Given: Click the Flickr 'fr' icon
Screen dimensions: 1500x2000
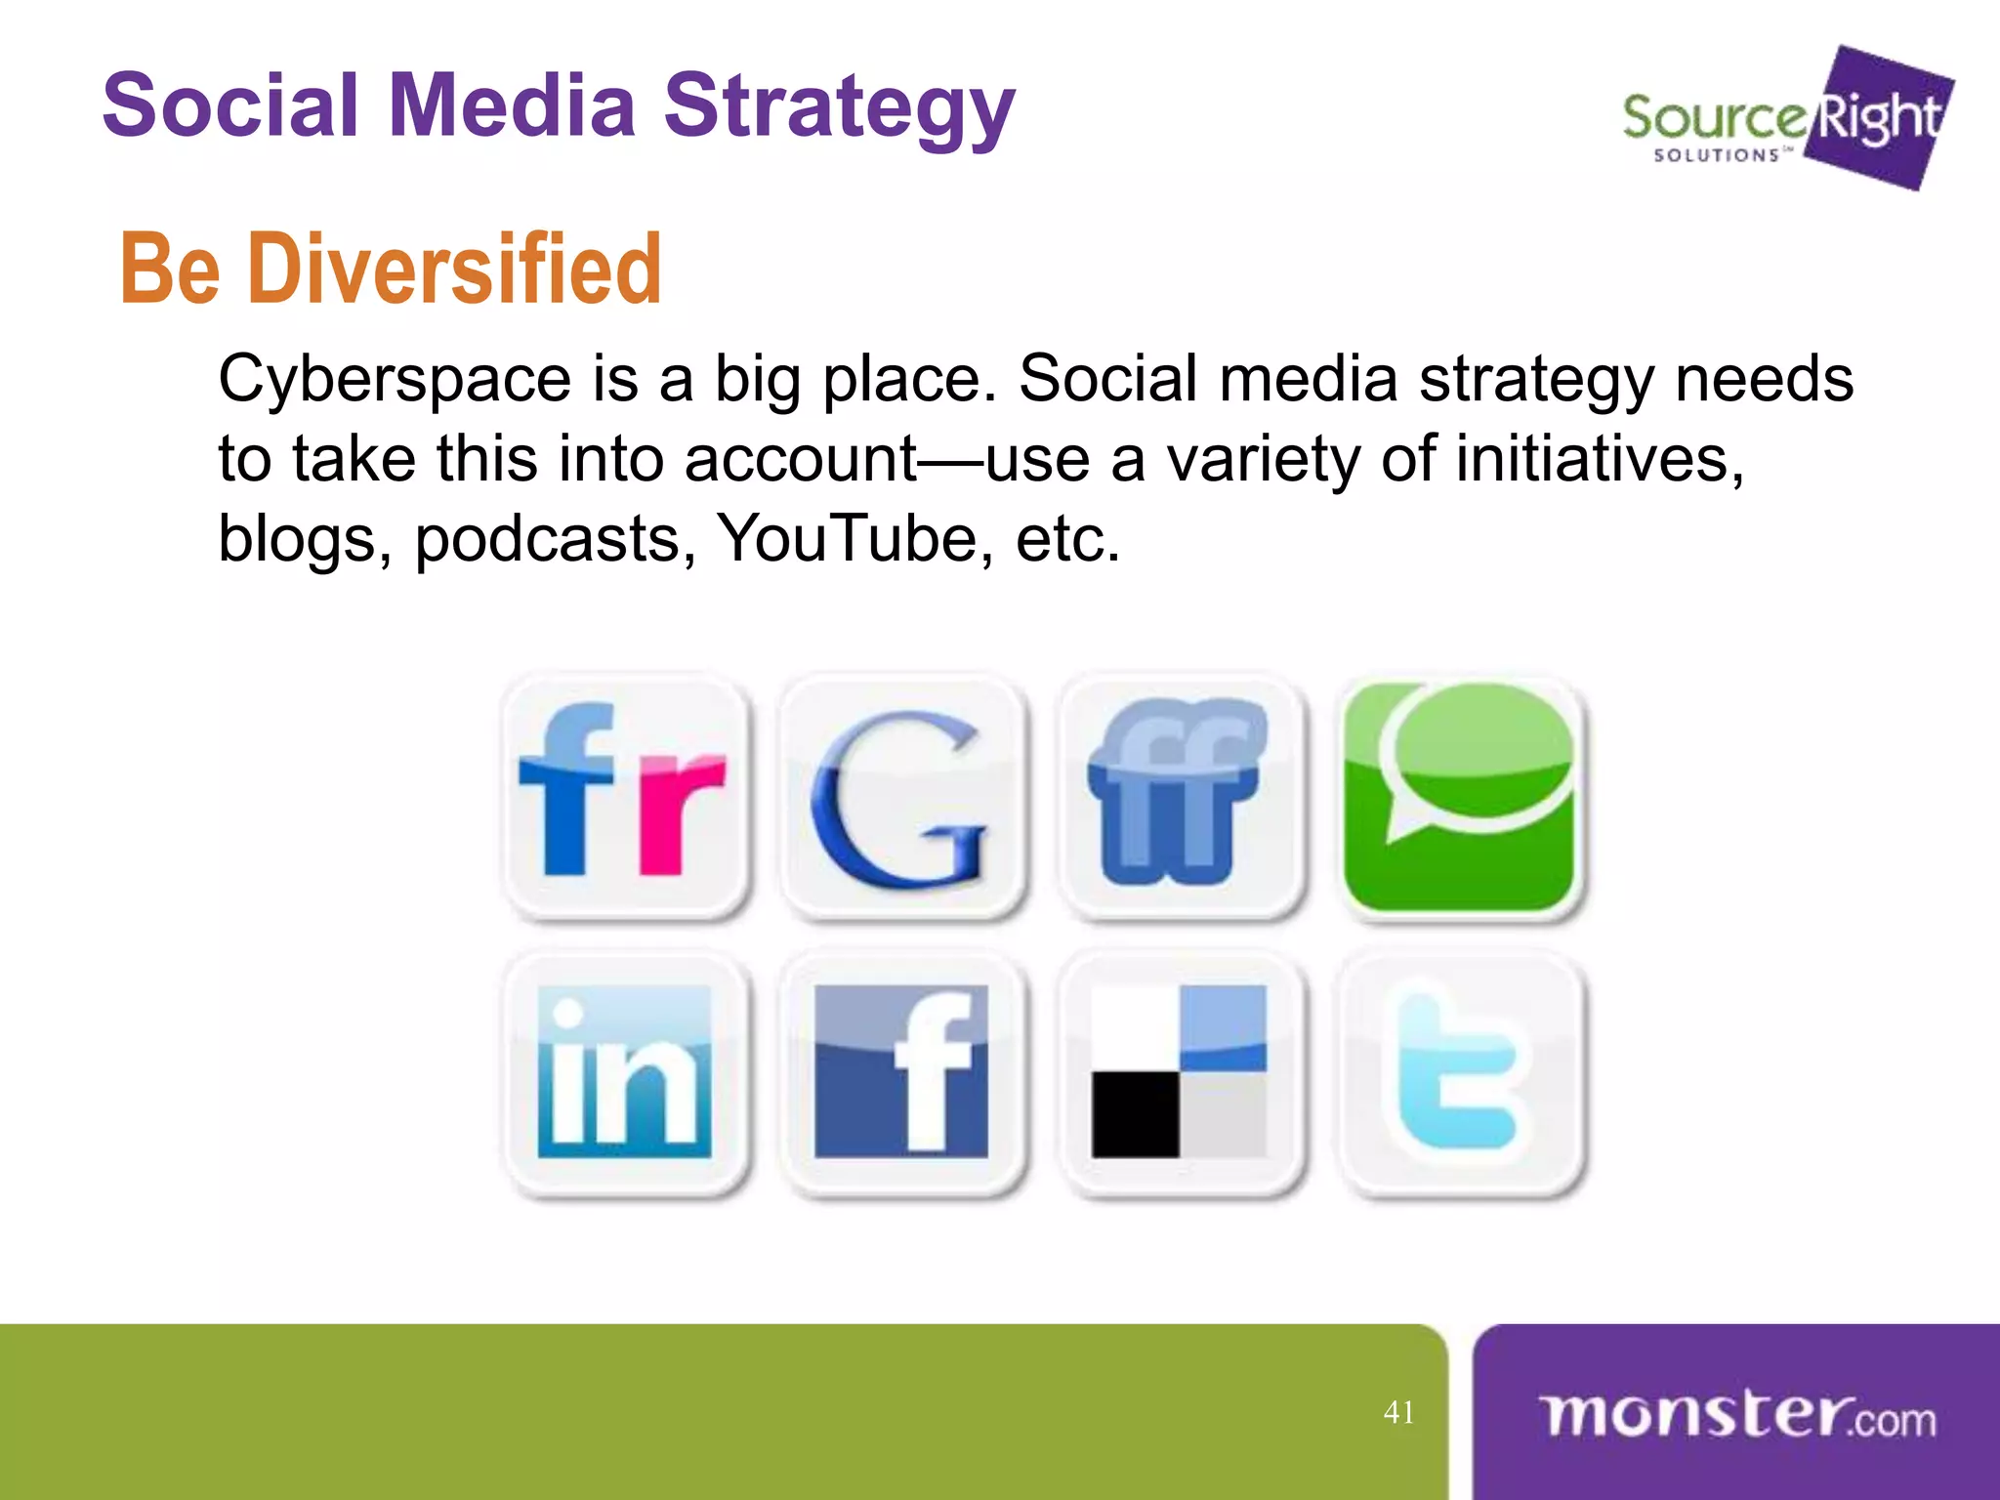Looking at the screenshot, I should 625,796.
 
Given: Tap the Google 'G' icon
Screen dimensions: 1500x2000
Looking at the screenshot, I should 901,796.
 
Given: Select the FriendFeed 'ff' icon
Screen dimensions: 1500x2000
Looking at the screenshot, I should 1180,796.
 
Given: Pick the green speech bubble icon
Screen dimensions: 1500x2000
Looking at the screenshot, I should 1460,796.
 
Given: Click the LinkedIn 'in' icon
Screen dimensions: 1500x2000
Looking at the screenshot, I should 625,1074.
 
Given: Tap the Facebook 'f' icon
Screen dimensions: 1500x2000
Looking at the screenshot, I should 901,1074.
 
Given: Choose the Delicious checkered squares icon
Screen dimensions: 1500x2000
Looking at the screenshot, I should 1180,1074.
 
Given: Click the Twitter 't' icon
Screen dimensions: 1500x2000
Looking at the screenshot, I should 1460,1074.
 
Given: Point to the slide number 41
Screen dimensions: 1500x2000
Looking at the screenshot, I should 1398,1412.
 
